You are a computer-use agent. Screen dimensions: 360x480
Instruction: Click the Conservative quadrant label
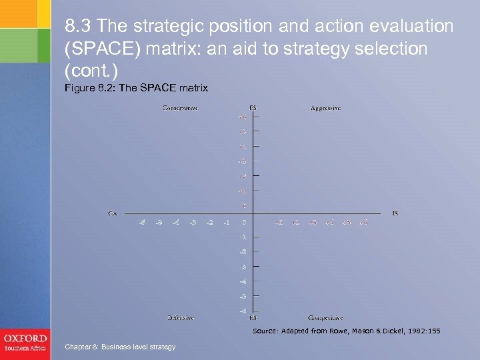click(179, 108)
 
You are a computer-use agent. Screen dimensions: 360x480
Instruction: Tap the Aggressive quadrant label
click(325, 108)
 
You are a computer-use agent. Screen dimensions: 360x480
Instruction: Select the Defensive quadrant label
click(181, 318)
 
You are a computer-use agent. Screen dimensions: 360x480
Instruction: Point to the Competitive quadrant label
click(326, 318)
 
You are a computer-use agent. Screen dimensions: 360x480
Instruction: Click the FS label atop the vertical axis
click(253, 108)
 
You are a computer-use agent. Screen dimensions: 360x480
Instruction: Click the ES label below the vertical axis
click(253, 318)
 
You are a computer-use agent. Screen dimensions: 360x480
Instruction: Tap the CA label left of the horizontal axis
click(113, 213)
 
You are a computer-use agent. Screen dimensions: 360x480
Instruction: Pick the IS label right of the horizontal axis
click(395, 213)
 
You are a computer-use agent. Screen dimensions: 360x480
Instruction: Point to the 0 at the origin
click(244, 222)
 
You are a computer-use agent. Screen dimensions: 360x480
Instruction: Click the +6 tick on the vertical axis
click(242, 117)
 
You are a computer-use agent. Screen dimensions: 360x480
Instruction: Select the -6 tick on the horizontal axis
click(141, 222)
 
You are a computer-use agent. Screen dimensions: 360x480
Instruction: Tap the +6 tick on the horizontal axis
click(363, 222)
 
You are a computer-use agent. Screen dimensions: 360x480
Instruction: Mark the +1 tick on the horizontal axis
click(279, 222)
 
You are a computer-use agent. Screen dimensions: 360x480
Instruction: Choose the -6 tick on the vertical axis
click(243, 310)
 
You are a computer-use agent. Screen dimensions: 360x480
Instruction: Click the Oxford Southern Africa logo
click(25, 342)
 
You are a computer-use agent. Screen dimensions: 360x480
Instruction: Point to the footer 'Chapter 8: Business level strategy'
click(121, 347)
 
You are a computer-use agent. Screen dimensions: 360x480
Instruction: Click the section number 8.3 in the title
click(78, 27)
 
